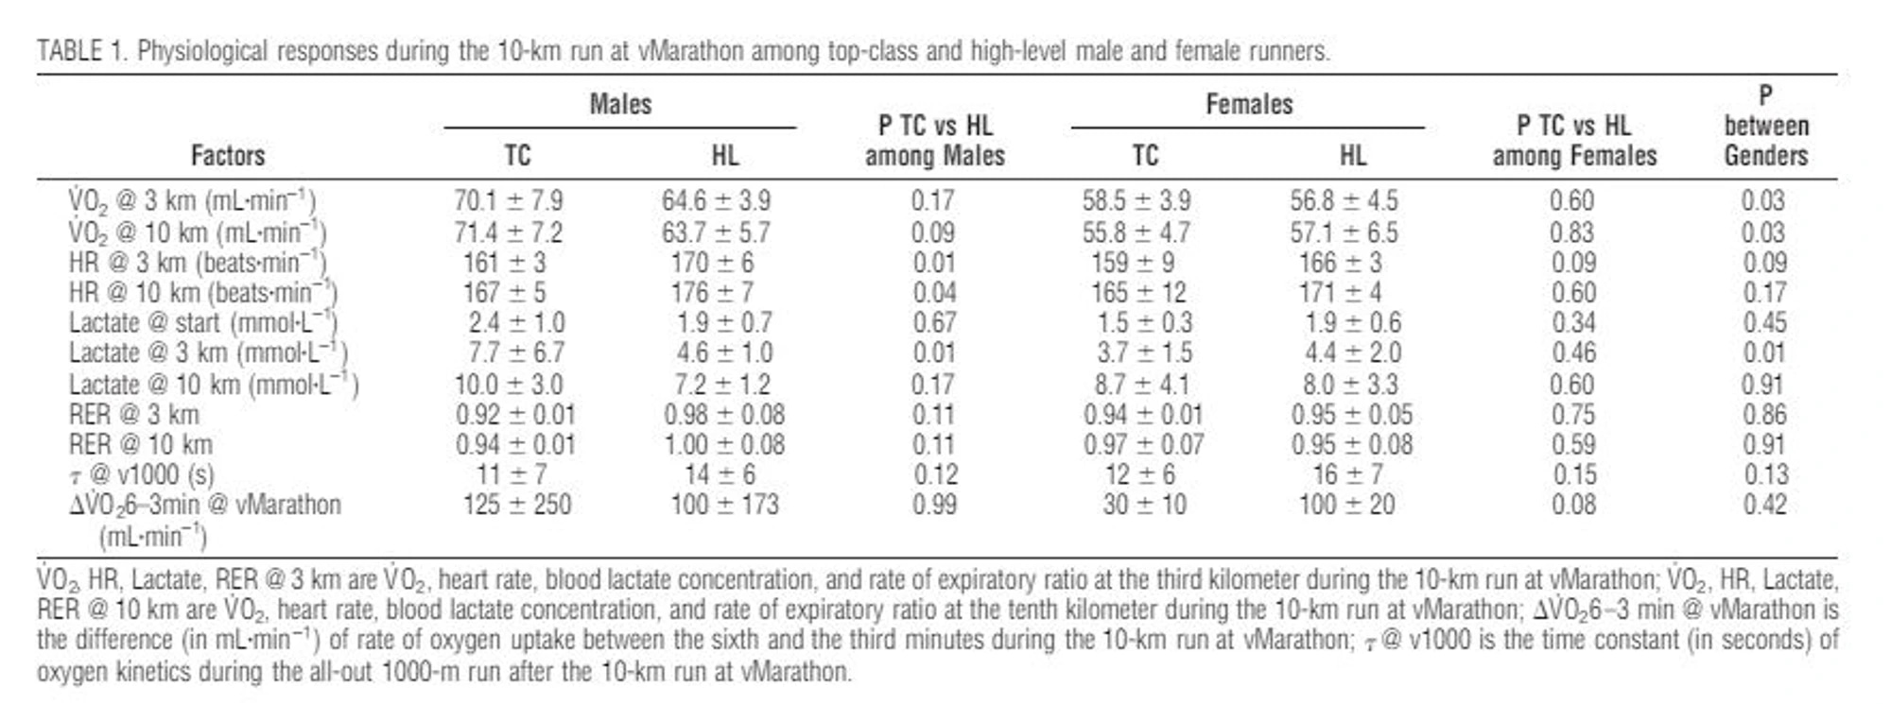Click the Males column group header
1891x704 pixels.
tap(620, 104)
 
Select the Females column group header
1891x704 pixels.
tap(1248, 104)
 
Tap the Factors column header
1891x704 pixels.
tap(228, 155)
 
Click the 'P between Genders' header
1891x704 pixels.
tap(1764, 126)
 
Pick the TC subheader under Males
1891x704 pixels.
tap(517, 155)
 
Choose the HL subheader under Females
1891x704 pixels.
tap(1352, 155)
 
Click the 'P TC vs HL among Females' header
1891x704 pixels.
tap(1573, 141)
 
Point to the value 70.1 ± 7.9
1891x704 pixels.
tap(508, 201)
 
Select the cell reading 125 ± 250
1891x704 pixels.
tap(516, 505)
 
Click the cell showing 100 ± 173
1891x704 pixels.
tap(724, 505)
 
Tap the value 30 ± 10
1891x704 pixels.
tap(1144, 505)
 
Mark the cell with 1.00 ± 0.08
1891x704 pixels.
tap(723, 444)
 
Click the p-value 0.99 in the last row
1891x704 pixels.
tap(934, 505)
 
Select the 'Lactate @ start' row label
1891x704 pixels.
tap(202, 323)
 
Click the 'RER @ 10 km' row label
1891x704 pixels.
tap(141, 444)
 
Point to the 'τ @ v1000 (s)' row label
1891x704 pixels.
tap(142, 474)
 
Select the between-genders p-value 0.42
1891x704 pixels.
tap(1763, 505)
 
